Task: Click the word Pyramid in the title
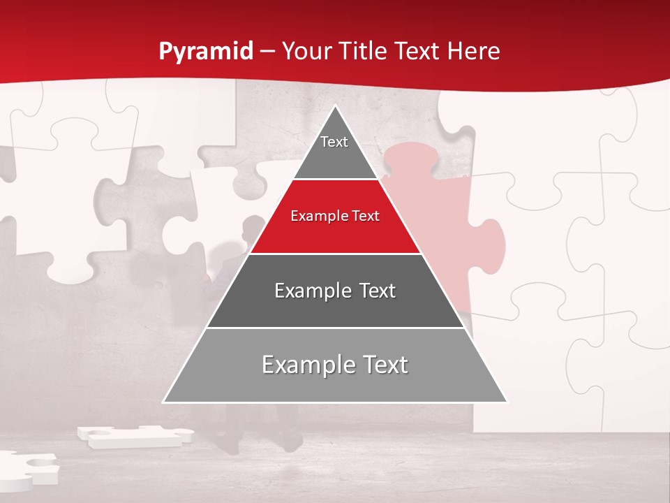pos(205,52)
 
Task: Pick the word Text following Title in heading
pos(422,51)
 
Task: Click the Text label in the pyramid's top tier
pos(334,142)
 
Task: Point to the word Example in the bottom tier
pos(304,365)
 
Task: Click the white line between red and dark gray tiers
pos(335,254)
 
